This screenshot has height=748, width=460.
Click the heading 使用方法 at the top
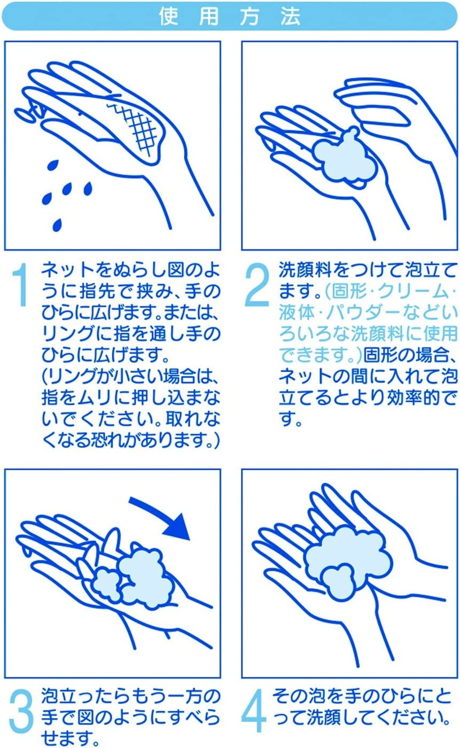coord(230,17)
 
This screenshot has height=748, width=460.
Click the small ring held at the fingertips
coord(24,113)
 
